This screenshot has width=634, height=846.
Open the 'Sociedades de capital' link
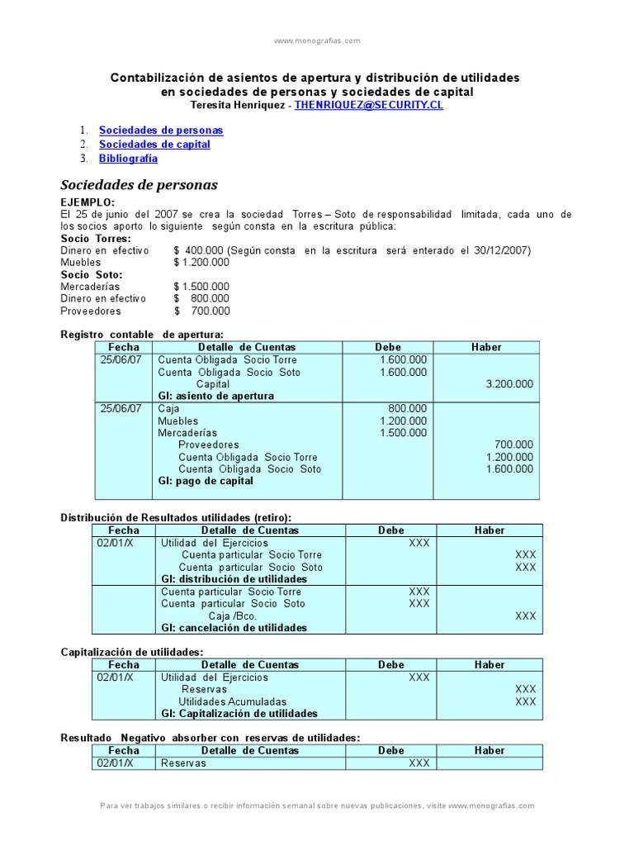point(154,145)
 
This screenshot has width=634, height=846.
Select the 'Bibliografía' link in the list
point(128,159)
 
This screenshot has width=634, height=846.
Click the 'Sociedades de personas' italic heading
point(140,185)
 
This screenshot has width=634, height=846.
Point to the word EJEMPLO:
point(88,202)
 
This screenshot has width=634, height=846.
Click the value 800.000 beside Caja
point(408,409)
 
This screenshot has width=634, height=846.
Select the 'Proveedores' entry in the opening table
point(209,444)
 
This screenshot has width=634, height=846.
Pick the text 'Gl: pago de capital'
point(206,481)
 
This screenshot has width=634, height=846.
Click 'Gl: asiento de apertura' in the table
point(215,396)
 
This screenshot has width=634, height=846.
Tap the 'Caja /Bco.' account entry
point(232,615)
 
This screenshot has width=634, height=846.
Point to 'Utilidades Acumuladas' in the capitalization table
point(233,701)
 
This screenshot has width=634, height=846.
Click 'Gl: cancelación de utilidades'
point(234,628)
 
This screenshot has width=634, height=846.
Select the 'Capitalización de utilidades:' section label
point(132,653)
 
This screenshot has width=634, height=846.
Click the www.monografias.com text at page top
point(317,40)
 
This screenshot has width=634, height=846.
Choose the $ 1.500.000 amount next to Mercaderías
point(201,287)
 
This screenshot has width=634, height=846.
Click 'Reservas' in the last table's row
point(183,763)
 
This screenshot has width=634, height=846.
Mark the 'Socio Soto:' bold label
point(92,274)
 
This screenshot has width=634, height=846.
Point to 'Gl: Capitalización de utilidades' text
point(239,713)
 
